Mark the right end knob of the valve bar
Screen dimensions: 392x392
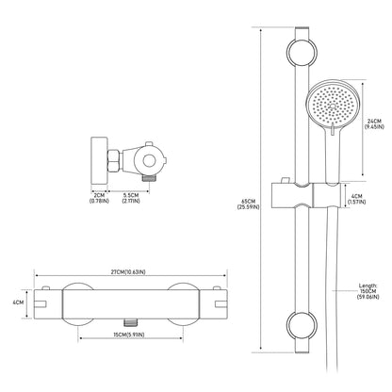(x=219, y=303)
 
